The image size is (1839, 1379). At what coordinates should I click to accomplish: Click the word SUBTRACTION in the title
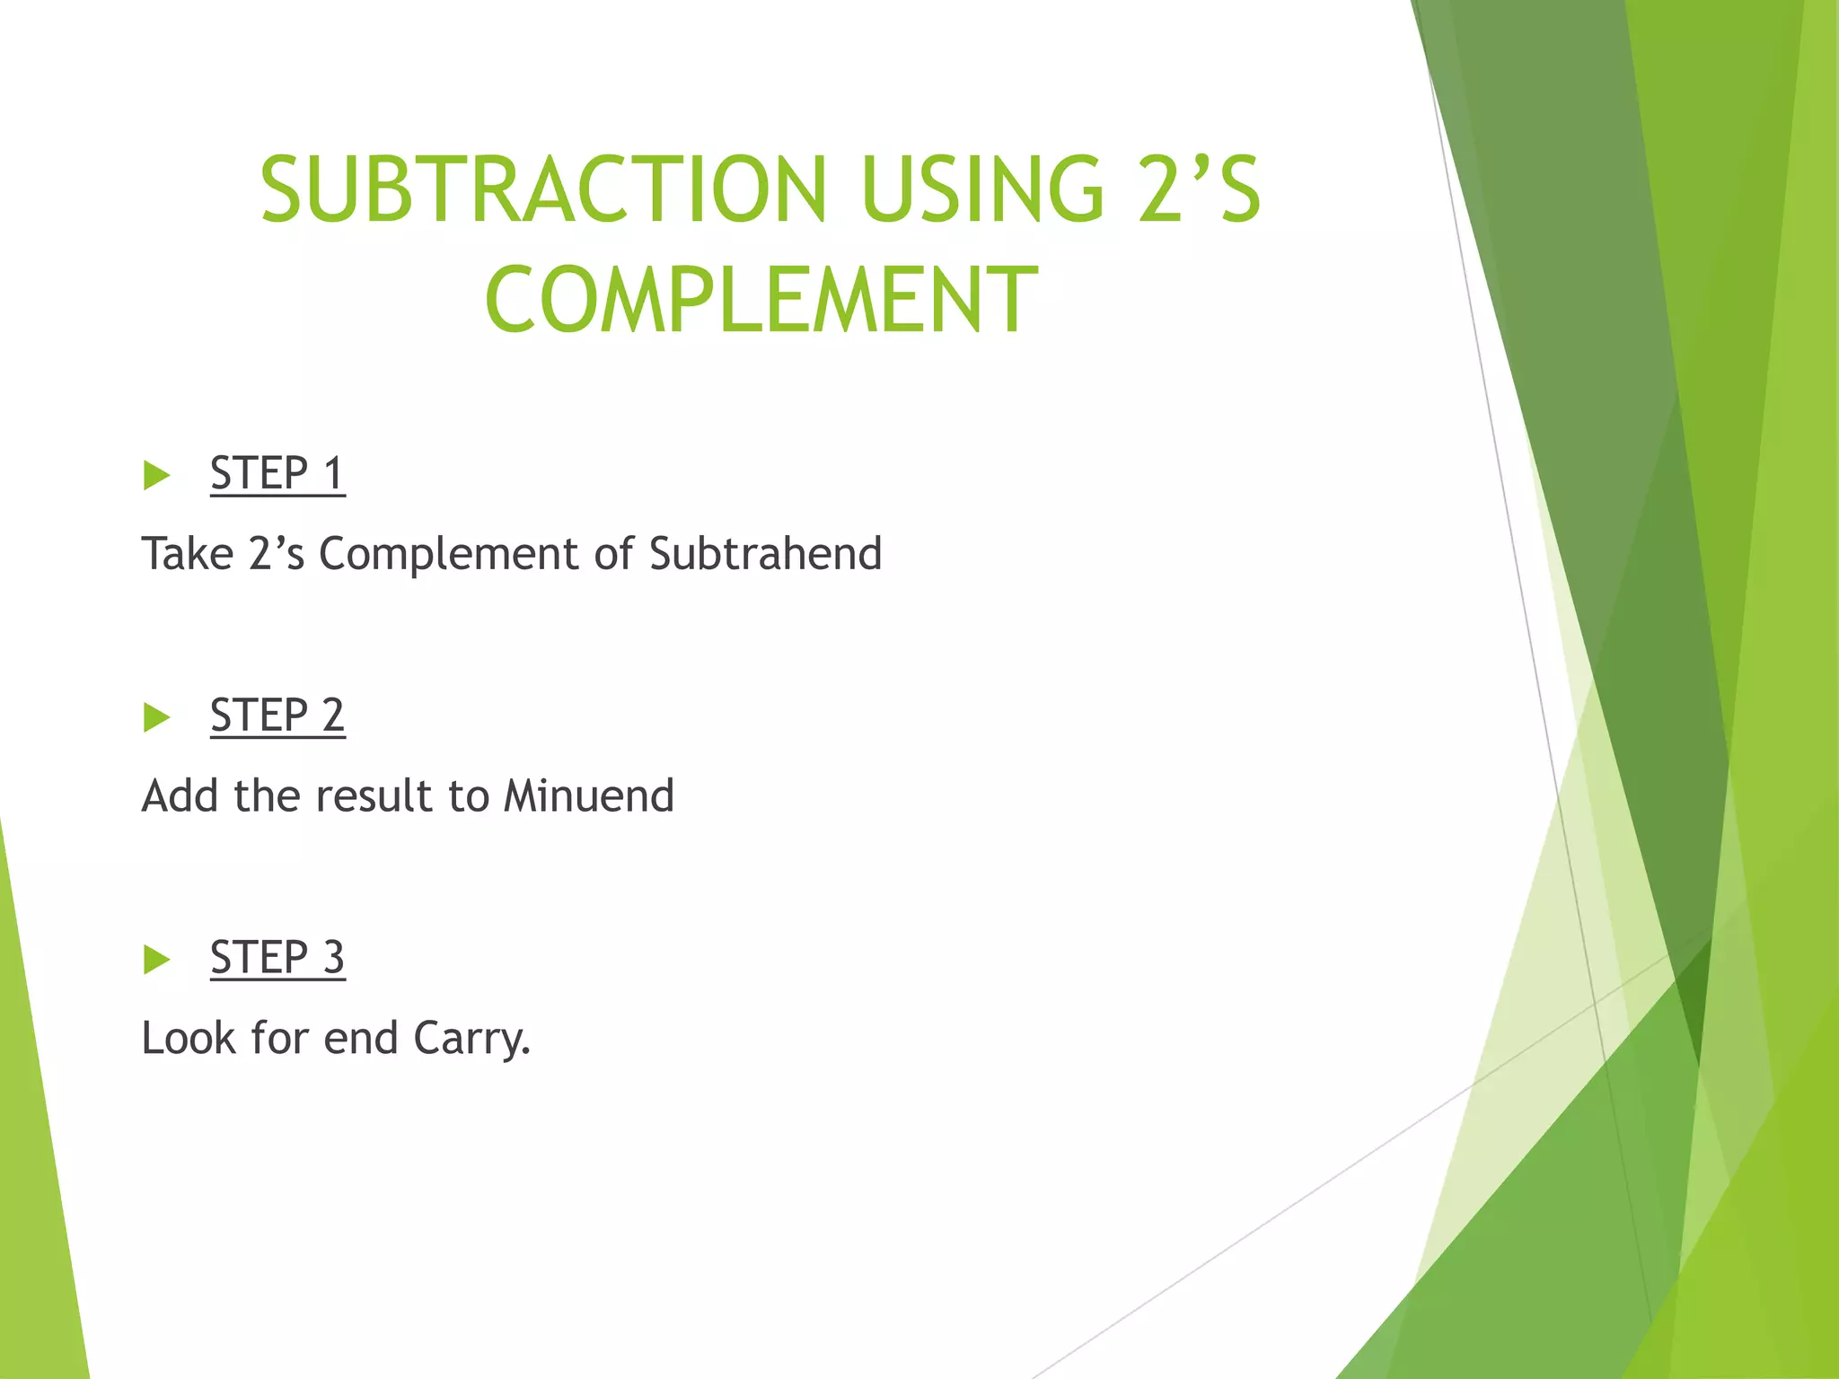543,189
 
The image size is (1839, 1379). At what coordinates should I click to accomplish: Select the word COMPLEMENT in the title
761,300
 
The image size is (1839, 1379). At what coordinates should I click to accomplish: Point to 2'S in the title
1200,189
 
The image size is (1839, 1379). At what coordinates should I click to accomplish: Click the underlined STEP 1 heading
277,473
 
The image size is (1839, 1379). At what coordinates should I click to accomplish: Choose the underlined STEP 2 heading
277,716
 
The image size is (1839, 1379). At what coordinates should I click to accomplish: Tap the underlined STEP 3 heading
277,957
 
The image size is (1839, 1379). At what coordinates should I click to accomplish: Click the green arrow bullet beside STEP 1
156,475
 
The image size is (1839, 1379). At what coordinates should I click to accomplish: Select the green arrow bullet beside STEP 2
156,717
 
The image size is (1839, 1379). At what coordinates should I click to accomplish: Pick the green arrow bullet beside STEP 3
156,960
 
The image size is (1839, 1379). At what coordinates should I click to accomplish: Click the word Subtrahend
765,553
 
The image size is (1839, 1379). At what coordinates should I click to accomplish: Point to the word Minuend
588,795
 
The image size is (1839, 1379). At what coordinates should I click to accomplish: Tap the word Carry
471,1039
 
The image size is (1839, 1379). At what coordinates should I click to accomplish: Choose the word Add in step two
180,795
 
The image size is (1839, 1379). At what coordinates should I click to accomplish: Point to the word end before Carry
361,1038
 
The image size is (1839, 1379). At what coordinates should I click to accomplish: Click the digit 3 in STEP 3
333,957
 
